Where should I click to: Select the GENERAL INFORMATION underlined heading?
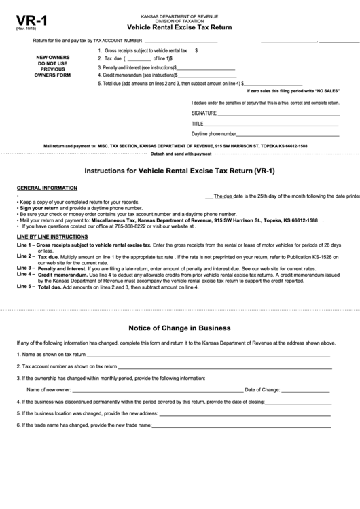(47, 188)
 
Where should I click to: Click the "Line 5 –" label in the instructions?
(26, 287)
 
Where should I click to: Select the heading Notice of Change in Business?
(179, 327)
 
